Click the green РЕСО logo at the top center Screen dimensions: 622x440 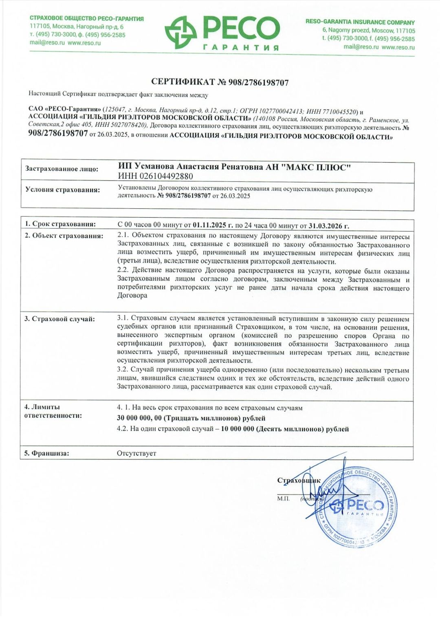222,33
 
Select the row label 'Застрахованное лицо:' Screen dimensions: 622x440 62,169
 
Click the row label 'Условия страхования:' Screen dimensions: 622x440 62,190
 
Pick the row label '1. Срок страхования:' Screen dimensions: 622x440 60,224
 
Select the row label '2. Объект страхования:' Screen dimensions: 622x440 64,236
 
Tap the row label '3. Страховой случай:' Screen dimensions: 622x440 59,319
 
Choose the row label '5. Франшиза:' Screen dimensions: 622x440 46,453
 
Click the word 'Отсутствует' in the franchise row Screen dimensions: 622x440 136,453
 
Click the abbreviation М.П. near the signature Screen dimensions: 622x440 283,498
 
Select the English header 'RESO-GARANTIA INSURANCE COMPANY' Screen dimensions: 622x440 360,22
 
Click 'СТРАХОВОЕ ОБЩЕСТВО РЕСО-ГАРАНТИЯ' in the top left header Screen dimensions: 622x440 86,19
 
